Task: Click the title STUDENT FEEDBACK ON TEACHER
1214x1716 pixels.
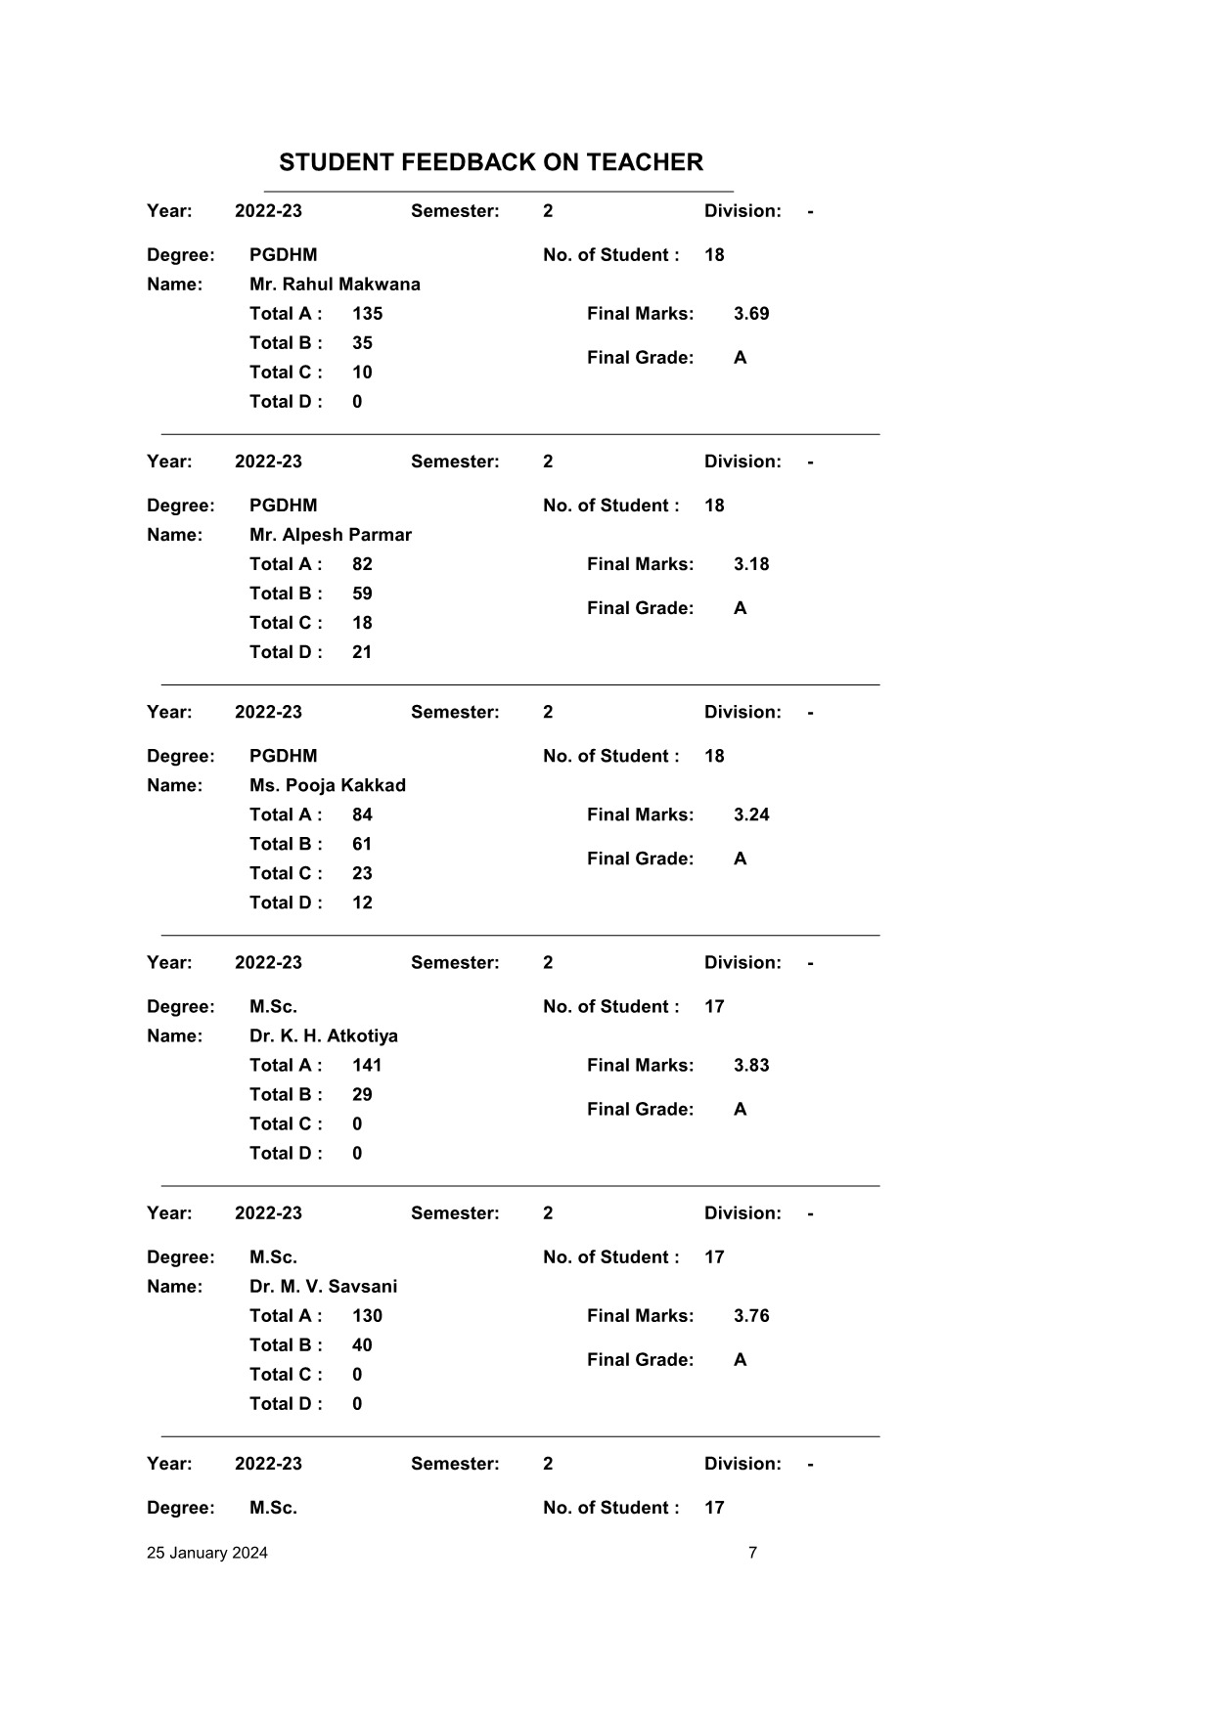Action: [490, 162]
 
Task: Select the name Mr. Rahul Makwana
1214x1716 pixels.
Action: [335, 285]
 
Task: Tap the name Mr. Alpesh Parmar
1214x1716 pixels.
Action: [330, 535]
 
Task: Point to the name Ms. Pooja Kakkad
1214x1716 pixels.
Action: [327, 785]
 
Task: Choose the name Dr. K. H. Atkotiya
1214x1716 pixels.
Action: [323, 1035]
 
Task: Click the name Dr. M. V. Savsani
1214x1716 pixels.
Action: [323, 1286]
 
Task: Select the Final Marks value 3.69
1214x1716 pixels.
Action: [750, 314]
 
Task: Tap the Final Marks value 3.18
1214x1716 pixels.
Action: [750, 564]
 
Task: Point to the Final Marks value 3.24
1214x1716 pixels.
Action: [750, 814]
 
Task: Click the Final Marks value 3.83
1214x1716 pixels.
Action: [750, 1065]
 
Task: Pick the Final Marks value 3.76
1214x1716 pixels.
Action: [750, 1315]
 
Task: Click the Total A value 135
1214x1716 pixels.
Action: [367, 314]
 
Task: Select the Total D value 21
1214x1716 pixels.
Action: [362, 652]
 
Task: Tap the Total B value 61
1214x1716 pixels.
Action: [362, 844]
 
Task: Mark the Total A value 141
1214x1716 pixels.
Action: [367, 1065]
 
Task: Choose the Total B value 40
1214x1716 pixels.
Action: [362, 1344]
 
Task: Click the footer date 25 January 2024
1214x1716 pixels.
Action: [206, 1553]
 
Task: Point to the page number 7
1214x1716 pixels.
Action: [752, 1553]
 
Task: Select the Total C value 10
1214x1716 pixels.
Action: [362, 373]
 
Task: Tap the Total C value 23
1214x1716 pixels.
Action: [362, 873]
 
